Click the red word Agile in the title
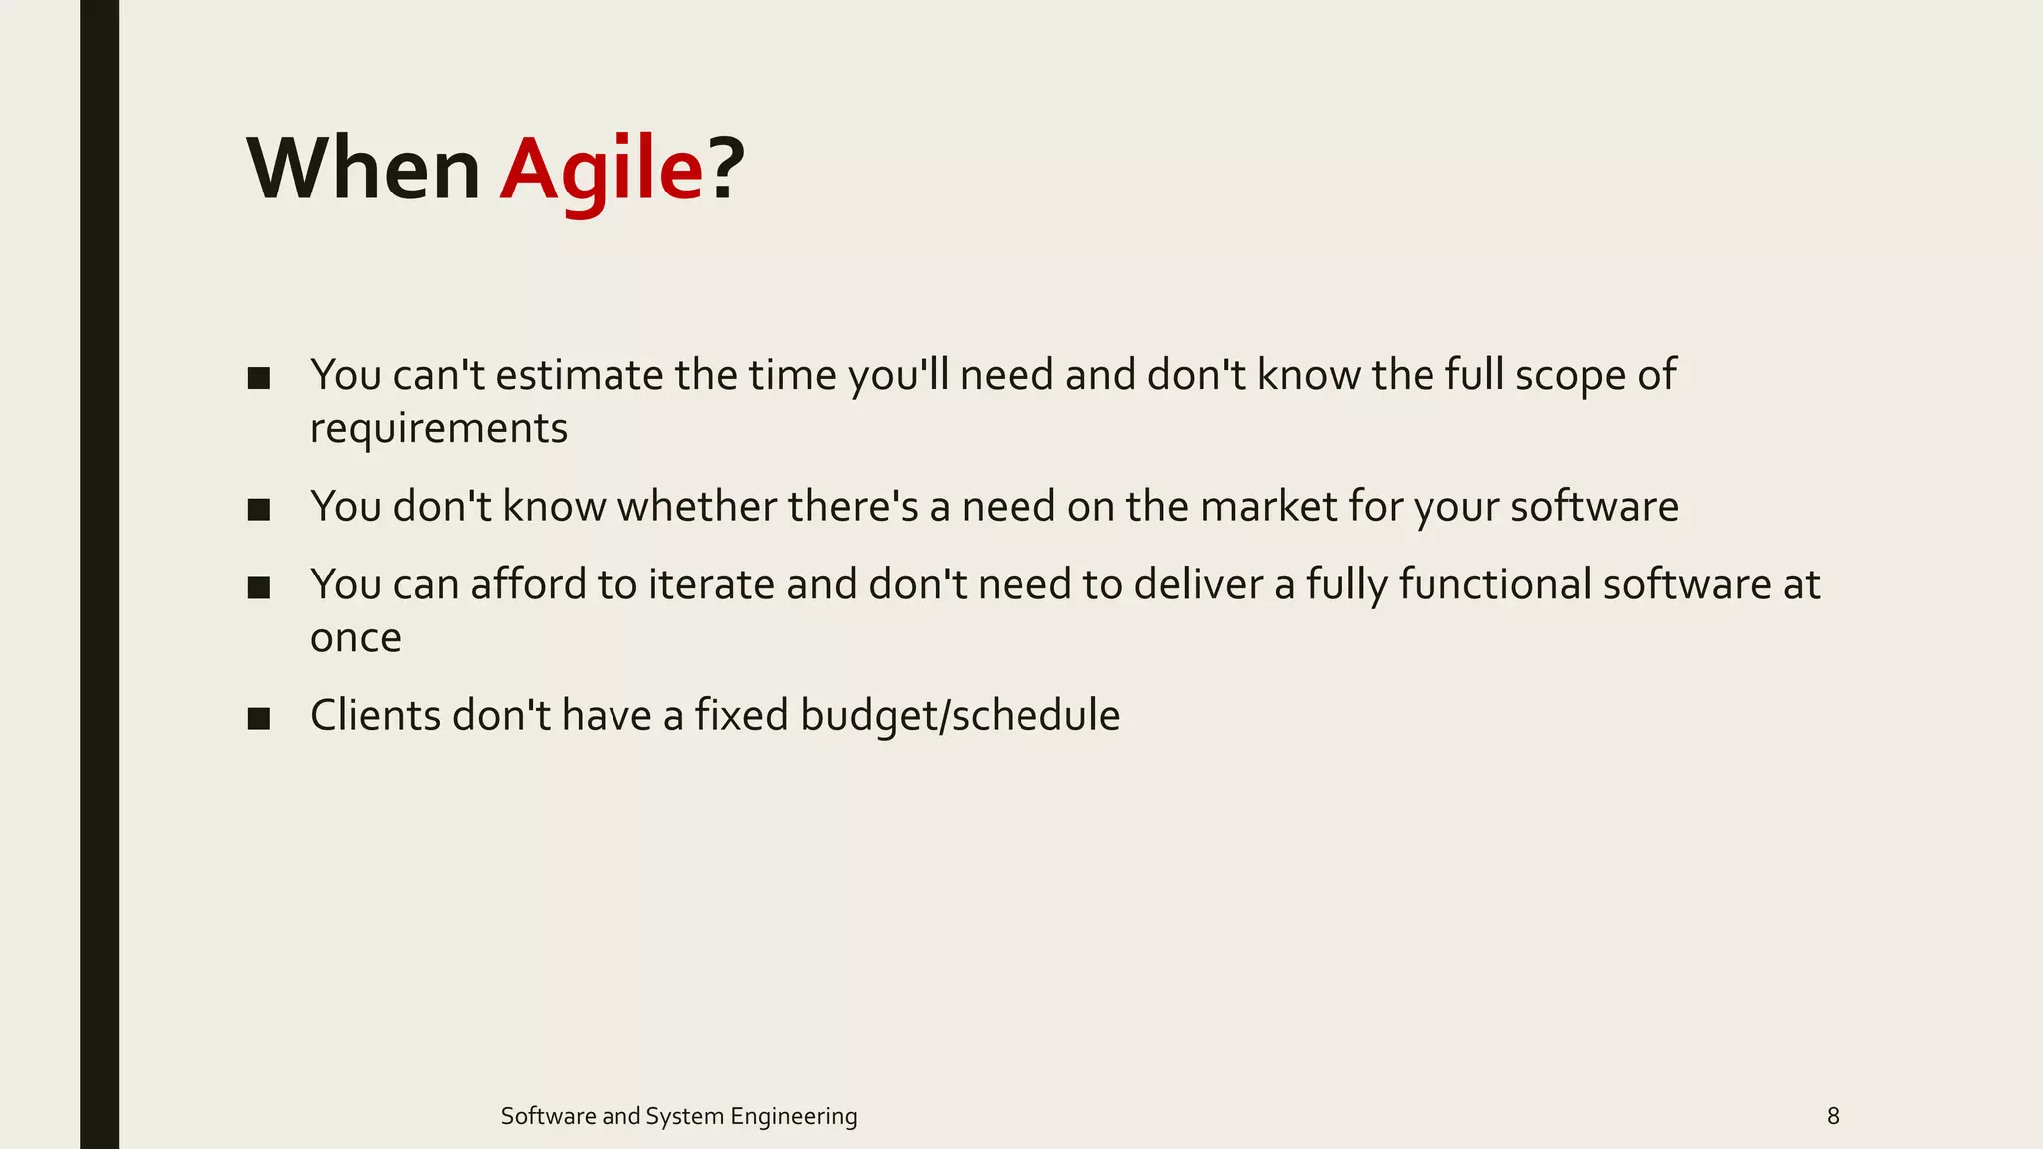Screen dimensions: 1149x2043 pos(602,170)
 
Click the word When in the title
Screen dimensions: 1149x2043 pos(364,170)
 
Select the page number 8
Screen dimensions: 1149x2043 pos(1833,1116)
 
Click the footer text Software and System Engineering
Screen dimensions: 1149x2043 pos(678,1116)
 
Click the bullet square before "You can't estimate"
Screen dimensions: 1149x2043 pos(259,378)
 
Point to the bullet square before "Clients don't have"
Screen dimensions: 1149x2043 pos(259,718)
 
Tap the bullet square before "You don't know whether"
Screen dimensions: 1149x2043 pos(259,509)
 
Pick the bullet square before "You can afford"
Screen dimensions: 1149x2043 pos(259,587)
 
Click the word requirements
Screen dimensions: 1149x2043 pos(439,429)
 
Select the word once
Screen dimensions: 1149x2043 pos(356,638)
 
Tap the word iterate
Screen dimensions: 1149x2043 pos(711,585)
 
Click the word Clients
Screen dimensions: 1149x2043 pos(375,716)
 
